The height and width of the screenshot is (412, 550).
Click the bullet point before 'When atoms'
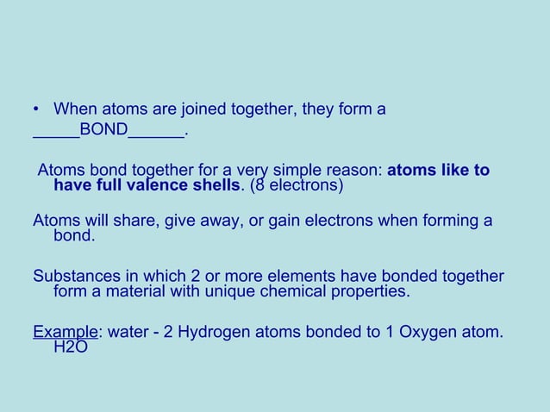pyautogui.click(x=36, y=110)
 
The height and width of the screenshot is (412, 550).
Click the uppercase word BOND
pyautogui.click(x=103, y=132)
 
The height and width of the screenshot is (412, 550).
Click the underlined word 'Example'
pyautogui.click(x=65, y=331)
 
